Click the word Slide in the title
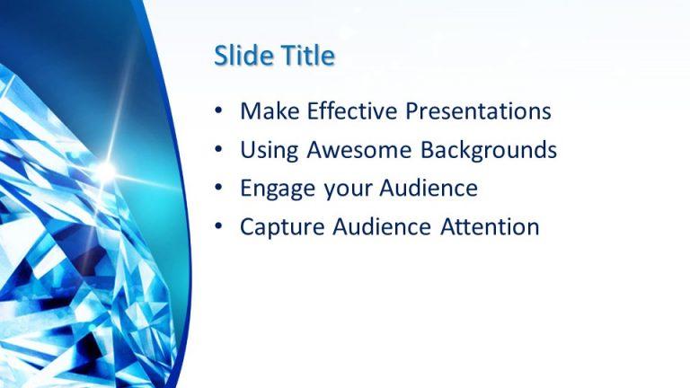(242, 56)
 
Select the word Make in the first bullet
(270, 111)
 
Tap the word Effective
(353, 111)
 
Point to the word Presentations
(478, 111)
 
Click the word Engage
(275, 189)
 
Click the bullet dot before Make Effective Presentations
(219, 112)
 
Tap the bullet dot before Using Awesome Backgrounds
(219, 151)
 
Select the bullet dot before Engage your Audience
(219, 190)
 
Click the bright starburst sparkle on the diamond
(105, 169)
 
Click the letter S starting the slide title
(221, 56)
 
